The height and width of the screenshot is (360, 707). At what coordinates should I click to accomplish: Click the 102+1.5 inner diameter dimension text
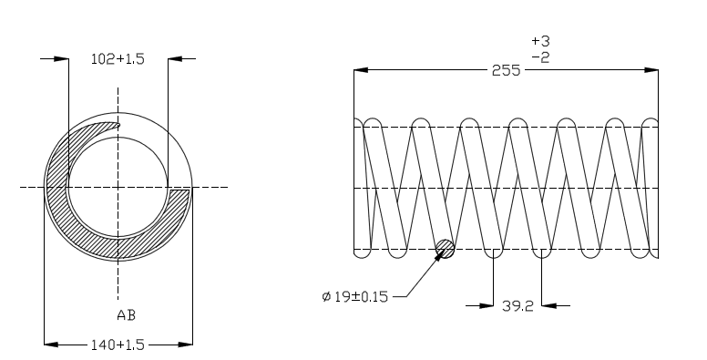(x=118, y=59)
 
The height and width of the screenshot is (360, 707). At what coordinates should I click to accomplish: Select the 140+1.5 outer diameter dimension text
(x=118, y=345)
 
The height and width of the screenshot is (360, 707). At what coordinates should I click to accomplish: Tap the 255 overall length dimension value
(x=506, y=70)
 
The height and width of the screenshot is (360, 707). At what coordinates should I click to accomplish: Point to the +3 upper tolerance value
(x=540, y=41)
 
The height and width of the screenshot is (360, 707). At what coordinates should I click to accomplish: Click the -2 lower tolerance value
(x=540, y=57)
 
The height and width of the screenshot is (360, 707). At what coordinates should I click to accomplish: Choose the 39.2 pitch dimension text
(x=517, y=306)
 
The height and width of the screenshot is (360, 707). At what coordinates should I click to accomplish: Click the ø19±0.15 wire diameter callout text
(x=354, y=297)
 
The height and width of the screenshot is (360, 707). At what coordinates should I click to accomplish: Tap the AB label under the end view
(x=127, y=315)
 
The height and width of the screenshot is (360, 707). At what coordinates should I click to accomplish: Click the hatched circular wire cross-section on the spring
(x=445, y=249)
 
